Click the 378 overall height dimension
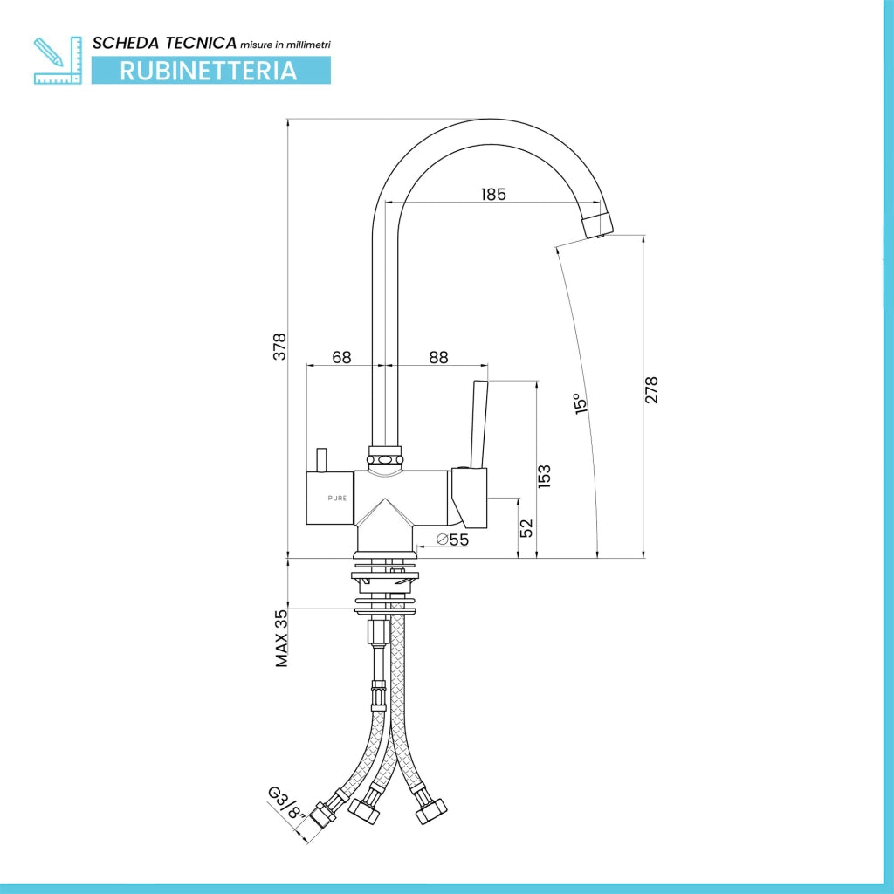pyautogui.click(x=279, y=346)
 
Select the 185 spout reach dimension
pyautogui.click(x=493, y=195)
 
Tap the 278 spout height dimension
pyautogui.click(x=651, y=390)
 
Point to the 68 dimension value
pyautogui.click(x=341, y=357)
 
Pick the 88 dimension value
pyautogui.click(x=438, y=357)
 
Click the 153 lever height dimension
pyautogui.click(x=545, y=476)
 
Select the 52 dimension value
pyautogui.click(x=526, y=527)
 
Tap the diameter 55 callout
pyautogui.click(x=452, y=539)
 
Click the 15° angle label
pyautogui.click(x=581, y=403)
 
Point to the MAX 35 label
pyautogui.click(x=282, y=638)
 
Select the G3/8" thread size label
pyautogui.click(x=286, y=803)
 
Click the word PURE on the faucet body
pyautogui.click(x=337, y=499)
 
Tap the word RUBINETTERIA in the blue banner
pyautogui.click(x=209, y=71)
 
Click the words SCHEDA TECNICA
pyautogui.click(x=164, y=43)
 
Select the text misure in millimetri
pyautogui.click(x=285, y=45)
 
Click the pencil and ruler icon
pyautogui.click(x=58, y=60)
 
